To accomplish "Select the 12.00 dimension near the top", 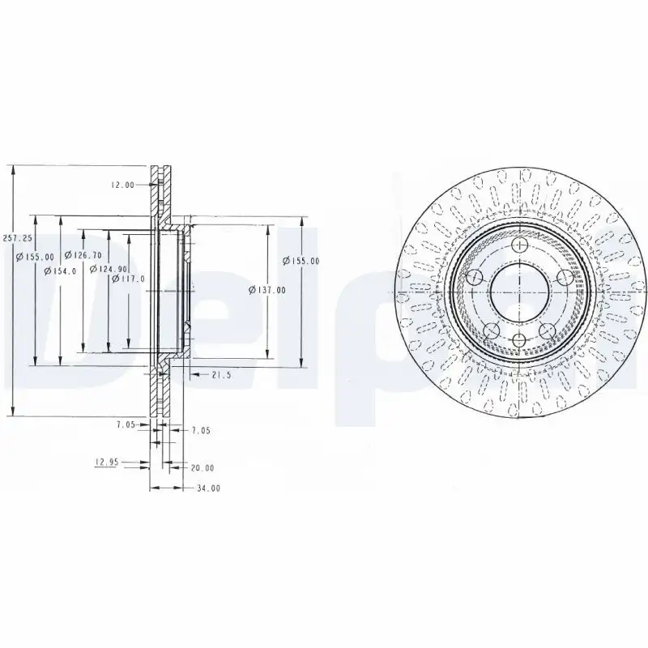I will (x=122, y=185).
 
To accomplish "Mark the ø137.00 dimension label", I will (x=267, y=290).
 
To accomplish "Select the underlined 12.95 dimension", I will (x=107, y=462).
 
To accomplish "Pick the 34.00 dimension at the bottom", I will (x=208, y=488).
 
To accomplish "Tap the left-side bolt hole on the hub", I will (x=475, y=278).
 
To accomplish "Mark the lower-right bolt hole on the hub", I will (x=548, y=330).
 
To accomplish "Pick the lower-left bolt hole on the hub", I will (x=492, y=330).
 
